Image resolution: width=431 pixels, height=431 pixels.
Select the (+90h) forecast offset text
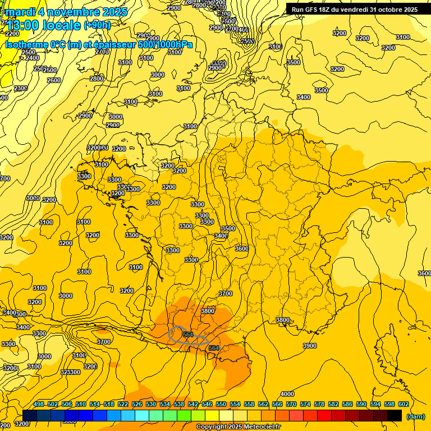coord(97,25)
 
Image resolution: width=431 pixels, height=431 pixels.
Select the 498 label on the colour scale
coord(39,404)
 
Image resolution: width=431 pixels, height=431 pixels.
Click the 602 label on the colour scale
coord(404,404)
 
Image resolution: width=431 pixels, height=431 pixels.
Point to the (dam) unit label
coord(416,416)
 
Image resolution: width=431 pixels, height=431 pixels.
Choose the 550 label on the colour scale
coord(221,404)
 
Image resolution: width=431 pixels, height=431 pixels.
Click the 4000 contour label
coord(287,394)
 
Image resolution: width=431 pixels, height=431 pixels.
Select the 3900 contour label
coord(309,346)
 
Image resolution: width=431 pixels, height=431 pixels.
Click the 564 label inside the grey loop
coord(188,334)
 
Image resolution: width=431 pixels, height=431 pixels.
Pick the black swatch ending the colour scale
coord(395,415)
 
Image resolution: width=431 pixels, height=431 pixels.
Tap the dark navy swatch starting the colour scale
coord(30,415)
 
